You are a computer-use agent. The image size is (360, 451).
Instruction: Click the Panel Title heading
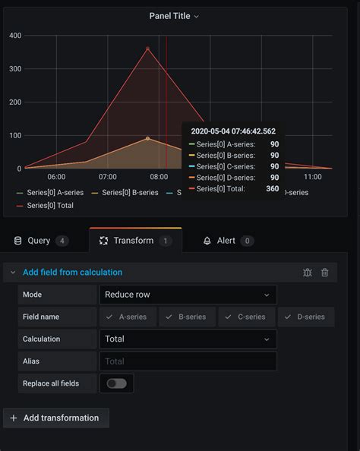174,16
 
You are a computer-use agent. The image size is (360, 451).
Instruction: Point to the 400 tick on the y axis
15,35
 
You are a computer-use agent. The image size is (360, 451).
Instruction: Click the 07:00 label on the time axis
108,177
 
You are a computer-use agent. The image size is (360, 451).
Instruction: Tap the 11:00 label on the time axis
312,177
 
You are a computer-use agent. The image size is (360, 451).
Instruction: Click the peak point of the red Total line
148,49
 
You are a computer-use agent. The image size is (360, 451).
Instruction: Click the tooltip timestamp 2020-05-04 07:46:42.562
234,131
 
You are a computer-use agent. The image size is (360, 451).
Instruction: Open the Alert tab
226,241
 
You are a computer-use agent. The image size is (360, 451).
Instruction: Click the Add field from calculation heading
72,273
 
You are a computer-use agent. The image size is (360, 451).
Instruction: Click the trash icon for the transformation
325,273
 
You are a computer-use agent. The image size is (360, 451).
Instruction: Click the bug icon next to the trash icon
307,273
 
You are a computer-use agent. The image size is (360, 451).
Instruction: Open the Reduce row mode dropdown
188,295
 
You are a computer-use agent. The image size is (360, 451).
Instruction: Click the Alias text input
188,361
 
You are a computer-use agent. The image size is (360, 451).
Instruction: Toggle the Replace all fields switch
116,383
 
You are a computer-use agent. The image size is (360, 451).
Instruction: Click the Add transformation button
56,418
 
